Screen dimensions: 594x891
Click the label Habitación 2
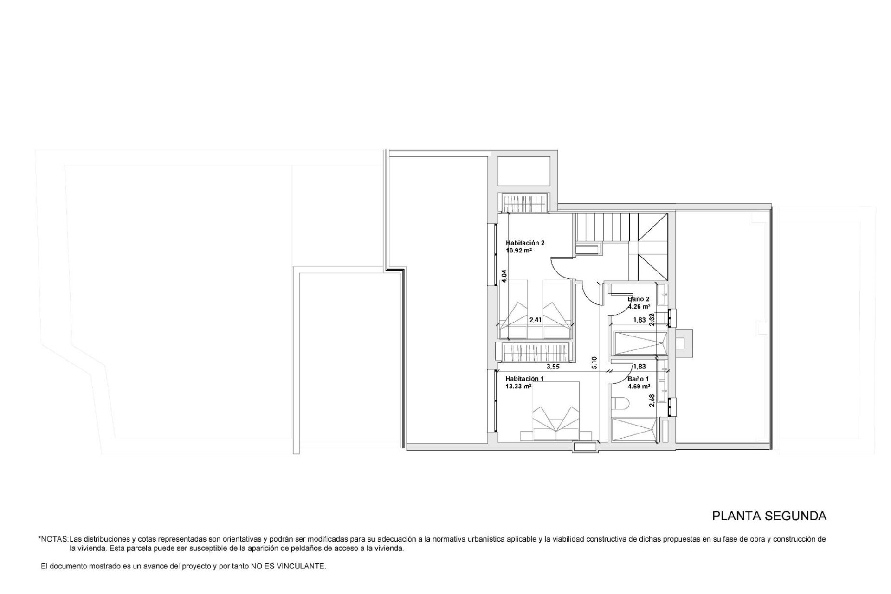525,243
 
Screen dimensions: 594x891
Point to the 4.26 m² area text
639,307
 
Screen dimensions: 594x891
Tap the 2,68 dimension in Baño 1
652,400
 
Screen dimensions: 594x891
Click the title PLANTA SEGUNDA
769,516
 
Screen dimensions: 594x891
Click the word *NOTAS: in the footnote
53,539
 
